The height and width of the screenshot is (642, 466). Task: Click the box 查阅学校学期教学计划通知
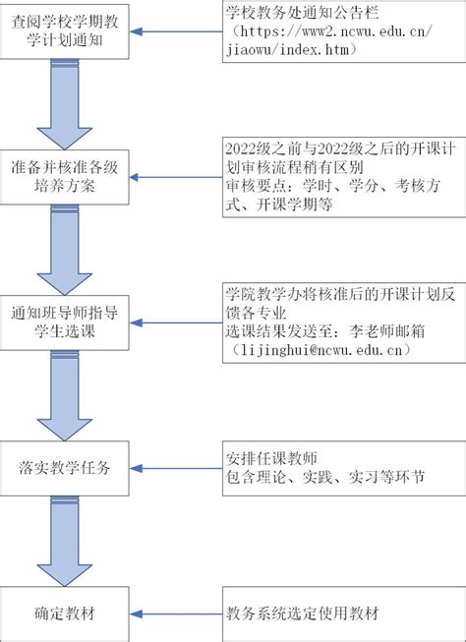64,31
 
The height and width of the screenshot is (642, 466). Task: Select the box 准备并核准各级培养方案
64,177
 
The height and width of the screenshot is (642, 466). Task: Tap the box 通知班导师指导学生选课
64,322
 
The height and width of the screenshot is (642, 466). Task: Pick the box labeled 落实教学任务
64,468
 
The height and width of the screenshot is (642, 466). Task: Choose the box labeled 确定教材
64,614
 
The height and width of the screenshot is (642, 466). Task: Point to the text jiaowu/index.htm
286,50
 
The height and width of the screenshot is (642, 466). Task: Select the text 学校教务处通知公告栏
302,13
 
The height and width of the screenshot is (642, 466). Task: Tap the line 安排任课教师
271,459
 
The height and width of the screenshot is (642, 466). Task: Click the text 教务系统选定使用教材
302,613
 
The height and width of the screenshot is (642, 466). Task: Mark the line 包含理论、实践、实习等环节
325,478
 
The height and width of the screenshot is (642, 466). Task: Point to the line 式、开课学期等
279,204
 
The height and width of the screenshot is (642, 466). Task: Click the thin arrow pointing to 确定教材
177,614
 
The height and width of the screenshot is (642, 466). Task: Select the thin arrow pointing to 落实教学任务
177,468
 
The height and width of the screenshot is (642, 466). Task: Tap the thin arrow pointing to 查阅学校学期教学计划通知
177,31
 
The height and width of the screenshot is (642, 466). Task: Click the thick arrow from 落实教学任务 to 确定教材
64,542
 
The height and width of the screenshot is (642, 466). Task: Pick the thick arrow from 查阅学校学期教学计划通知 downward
64,104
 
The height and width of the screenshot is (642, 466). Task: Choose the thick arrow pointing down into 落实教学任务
64,395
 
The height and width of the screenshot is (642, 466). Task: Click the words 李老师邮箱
386,331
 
